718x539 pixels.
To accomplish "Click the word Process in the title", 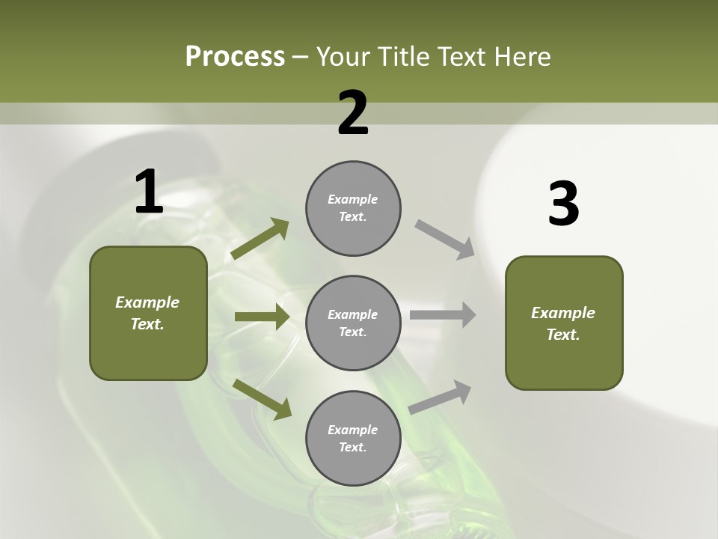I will click(235, 57).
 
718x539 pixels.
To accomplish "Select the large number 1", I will click(149, 192).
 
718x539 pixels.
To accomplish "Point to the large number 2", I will click(353, 113).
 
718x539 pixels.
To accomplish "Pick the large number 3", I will click(563, 204).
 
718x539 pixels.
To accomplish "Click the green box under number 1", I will click(148, 313).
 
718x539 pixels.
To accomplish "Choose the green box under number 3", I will click(564, 323).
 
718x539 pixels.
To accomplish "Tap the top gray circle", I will click(353, 208).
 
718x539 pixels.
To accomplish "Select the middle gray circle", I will click(353, 323).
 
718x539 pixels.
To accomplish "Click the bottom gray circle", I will click(353, 439).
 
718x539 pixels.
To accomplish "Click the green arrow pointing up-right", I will click(260, 239).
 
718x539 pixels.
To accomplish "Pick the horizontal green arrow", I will click(262, 317).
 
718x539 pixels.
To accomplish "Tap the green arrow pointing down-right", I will click(262, 398).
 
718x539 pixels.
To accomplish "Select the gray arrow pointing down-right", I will click(445, 239).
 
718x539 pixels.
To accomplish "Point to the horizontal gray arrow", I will click(443, 314).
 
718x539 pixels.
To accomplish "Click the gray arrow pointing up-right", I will click(441, 398).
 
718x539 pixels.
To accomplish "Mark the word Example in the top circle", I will click(353, 199).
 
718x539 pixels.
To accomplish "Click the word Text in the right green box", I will click(562, 335).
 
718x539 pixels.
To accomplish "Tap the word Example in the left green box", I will click(147, 302).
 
